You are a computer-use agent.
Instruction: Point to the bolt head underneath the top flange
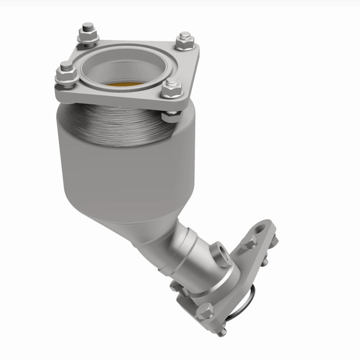[170, 117]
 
